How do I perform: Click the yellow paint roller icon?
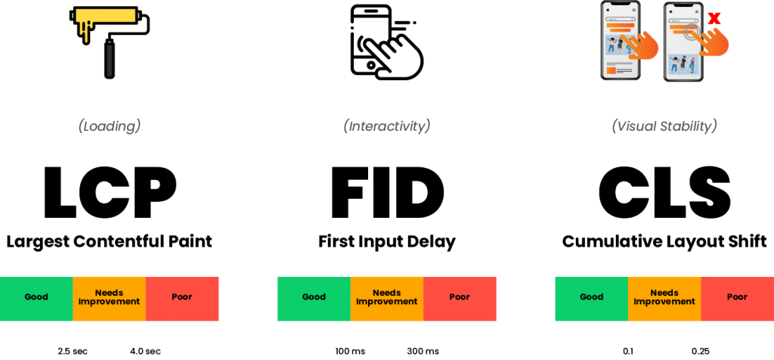point(109,42)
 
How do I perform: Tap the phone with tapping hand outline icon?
point(386,42)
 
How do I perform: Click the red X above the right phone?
point(714,19)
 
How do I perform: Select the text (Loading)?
point(109,126)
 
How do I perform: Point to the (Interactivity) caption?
point(386,126)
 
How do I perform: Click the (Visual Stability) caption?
point(664,126)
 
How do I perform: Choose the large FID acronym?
point(387,193)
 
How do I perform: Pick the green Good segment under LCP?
point(36,298)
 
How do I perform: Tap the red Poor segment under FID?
point(460,298)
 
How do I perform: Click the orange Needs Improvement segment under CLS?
point(664,298)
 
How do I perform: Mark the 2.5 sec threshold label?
point(73,352)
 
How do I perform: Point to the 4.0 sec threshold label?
point(145,352)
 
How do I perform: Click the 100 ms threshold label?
point(350,352)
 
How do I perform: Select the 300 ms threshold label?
point(423,352)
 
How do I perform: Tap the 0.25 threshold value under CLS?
point(701,352)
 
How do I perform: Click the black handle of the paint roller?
point(109,61)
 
